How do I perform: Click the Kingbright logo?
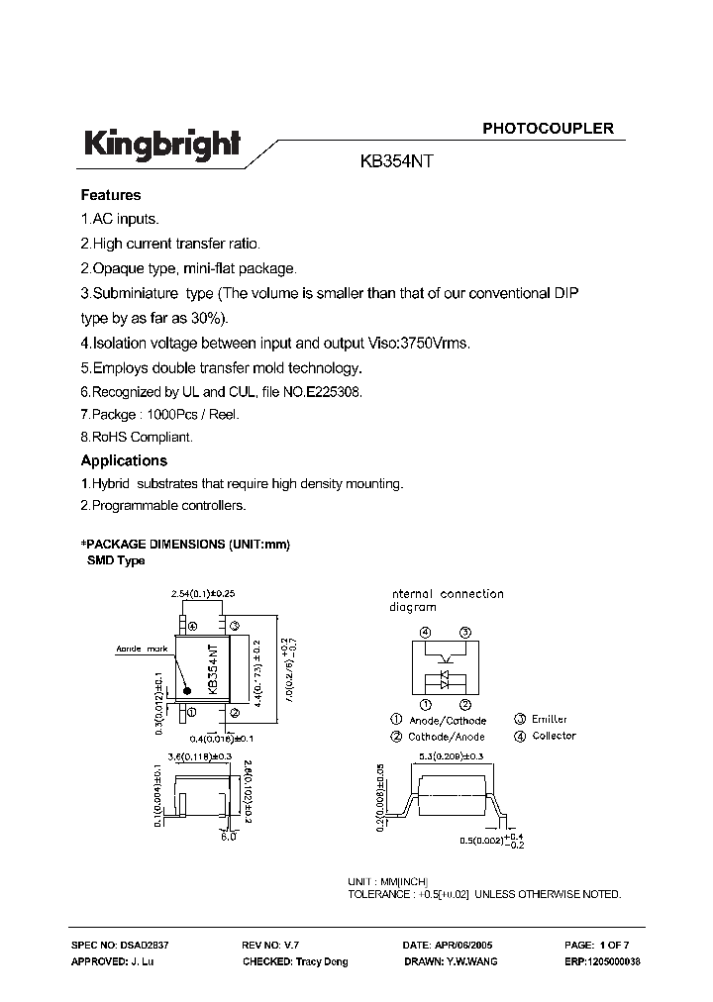pyautogui.click(x=160, y=146)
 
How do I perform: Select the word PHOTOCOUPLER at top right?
pyautogui.click(x=548, y=129)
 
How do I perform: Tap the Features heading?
pyautogui.click(x=110, y=195)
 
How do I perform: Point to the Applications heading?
pyautogui.click(x=123, y=460)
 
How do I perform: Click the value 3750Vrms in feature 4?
pyautogui.click(x=433, y=344)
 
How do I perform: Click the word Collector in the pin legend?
pyautogui.click(x=554, y=736)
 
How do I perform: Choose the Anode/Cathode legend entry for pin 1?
pyautogui.click(x=453, y=720)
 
